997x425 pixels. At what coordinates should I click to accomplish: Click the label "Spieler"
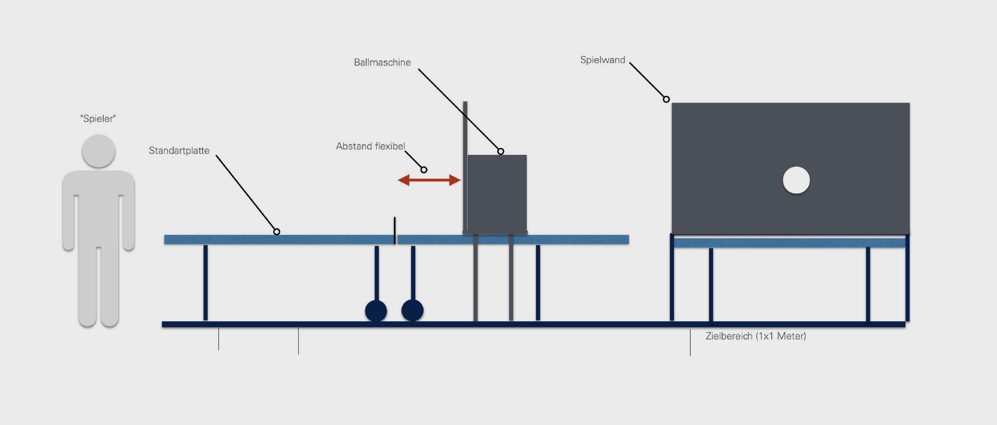point(98,119)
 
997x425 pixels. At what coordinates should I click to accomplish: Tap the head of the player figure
point(99,151)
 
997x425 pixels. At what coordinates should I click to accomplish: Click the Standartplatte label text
point(179,150)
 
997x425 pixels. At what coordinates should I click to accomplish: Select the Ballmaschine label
point(382,62)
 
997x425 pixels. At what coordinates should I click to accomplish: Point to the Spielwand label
point(602,60)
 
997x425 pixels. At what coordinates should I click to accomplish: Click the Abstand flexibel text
point(370,146)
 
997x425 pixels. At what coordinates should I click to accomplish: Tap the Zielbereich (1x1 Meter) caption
point(756,336)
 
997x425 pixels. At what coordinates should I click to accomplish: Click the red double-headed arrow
point(429,180)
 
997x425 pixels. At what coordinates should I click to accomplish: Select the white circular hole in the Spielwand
point(796,180)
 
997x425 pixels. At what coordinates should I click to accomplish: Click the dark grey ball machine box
point(497,194)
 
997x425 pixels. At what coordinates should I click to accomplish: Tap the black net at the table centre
point(395,230)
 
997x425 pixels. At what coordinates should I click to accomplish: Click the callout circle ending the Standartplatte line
point(277,231)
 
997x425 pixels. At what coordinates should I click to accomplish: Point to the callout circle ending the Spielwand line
point(666,99)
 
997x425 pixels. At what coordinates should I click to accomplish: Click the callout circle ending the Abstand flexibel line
point(424,170)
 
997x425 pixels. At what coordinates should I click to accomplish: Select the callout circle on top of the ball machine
point(500,151)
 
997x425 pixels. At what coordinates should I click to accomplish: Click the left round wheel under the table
point(376,310)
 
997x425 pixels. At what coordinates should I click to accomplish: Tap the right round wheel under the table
point(412,310)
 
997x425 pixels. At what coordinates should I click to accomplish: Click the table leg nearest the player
point(205,283)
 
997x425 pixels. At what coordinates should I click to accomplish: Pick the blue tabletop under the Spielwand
point(790,243)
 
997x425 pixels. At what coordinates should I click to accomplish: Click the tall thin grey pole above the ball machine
point(465,128)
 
